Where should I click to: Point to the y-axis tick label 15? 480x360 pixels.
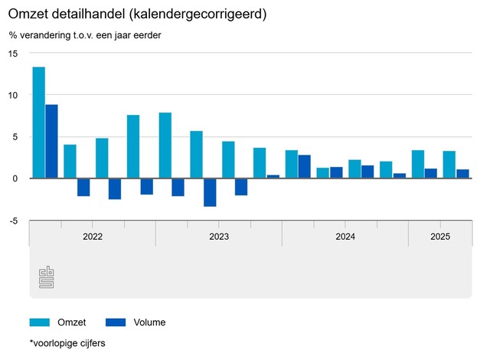pyautogui.click(x=13, y=54)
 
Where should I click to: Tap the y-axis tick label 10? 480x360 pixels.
pyautogui.click(x=13, y=95)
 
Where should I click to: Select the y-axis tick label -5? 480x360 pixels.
pyautogui.click(x=13, y=221)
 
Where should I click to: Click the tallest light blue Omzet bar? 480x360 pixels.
pyautogui.click(x=38, y=123)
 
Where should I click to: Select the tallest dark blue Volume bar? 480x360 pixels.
pyautogui.click(x=51, y=141)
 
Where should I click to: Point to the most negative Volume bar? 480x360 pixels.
pyautogui.click(x=210, y=192)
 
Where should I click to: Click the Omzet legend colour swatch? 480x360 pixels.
pyautogui.click(x=39, y=322)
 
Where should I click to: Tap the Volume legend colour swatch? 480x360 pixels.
pyautogui.click(x=115, y=322)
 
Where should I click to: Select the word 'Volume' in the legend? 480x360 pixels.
pyautogui.click(x=149, y=322)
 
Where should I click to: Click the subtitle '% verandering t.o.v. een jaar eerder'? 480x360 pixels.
pyautogui.click(x=85, y=35)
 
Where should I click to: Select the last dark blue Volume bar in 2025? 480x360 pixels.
pyautogui.click(x=462, y=174)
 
